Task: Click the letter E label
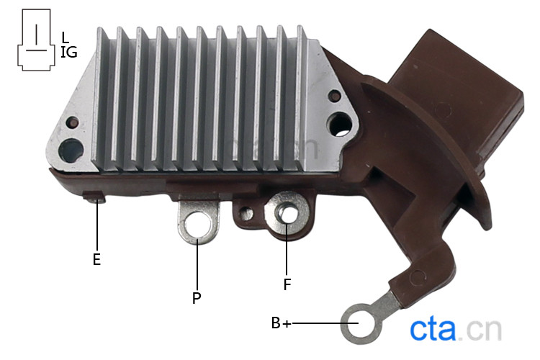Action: pyautogui.click(x=96, y=259)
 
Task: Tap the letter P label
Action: pyautogui.click(x=197, y=298)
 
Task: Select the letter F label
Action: pyautogui.click(x=287, y=284)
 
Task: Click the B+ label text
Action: pyautogui.click(x=281, y=323)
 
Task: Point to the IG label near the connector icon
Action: pyautogui.click(x=69, y=53)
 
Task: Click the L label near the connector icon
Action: pyautogui.click(x=65, y=37)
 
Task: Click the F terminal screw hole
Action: pyautogui.click(x=287, y=215)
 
